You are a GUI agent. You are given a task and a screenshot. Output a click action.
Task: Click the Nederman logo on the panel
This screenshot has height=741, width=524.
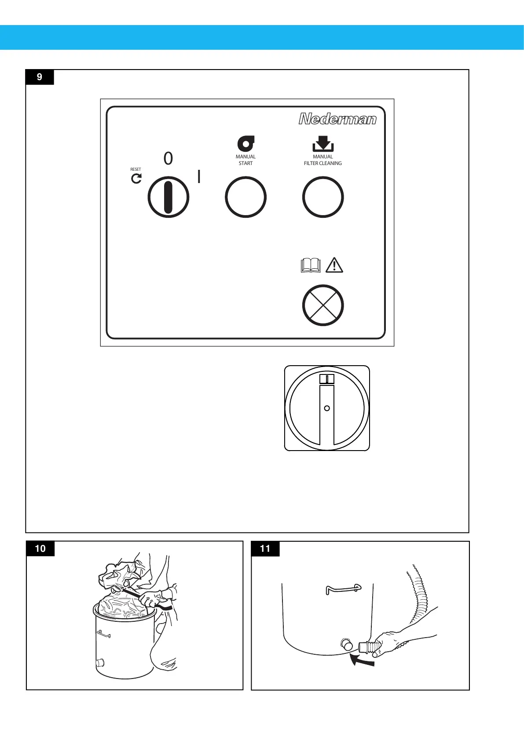[x=337, y=119]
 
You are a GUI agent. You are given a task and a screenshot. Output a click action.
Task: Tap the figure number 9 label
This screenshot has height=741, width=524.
[x=40, y=77]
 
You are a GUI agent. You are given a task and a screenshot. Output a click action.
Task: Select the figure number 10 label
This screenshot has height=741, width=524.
[x=40, y=548]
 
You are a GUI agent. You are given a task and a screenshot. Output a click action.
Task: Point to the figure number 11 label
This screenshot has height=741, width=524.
[x=265, y=548]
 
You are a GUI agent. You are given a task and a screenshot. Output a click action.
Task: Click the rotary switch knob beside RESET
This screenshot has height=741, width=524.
[x=168, y=197]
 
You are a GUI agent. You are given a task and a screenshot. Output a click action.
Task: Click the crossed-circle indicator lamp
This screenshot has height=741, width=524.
[x=322, y=305]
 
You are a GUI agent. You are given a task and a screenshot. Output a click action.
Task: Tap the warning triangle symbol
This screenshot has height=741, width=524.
[x=334, y=265]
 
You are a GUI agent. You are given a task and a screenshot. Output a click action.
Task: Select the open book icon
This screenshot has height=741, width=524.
[x=311, y=265]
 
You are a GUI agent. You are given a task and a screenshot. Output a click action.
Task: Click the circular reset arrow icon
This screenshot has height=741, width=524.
[x=136, y=178]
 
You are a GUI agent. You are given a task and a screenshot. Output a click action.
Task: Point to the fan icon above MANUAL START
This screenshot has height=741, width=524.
[x=246, y=144]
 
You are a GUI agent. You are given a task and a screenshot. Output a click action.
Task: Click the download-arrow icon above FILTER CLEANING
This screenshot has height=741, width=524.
[x=322, y=144]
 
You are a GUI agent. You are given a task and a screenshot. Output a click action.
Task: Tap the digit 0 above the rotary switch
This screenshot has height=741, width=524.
[x=168, y=158]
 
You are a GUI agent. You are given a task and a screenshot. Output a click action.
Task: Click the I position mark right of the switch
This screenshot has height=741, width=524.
[x=199, y=176]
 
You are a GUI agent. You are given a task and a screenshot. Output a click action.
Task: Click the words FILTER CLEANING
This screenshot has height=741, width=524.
[x=322, y=163]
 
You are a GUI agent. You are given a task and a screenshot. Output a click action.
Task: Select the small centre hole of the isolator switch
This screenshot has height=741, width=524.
[x=327, y=408]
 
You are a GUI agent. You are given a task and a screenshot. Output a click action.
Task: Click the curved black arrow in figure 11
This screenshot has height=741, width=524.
[x=362, y=660]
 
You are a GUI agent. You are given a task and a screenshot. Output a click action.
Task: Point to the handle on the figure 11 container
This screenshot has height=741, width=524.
[x=343, y=589]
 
